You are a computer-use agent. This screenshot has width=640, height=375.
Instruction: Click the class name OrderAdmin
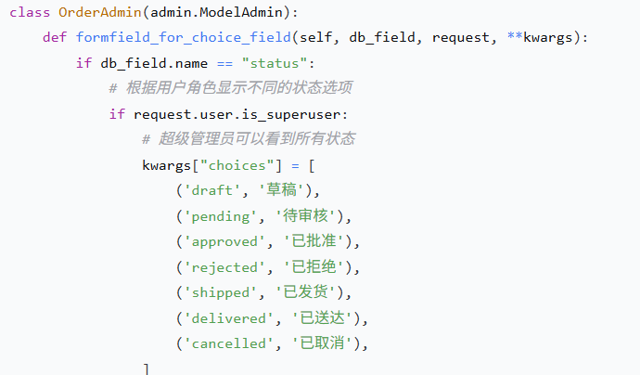click(x=97, y=14)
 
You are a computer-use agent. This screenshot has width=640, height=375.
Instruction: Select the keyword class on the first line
click(x=30, y=14)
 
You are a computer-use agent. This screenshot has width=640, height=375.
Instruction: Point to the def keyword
click(x=55, y=39)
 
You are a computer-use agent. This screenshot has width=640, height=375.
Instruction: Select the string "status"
click(x=275, y=64)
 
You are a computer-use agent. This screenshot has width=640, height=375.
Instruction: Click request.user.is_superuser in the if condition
click(x=239, y=114)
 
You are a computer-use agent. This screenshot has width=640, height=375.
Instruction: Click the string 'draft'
click(x=214, y=190)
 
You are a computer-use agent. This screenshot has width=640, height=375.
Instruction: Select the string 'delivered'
click(x=231, y=317)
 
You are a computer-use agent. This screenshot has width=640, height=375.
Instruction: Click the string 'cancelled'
click(x=231, y=343)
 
